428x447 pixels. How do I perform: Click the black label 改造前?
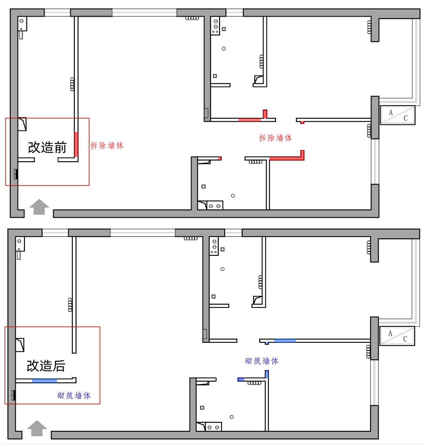click(x=47, y=147)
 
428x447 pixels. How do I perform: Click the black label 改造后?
click(x=46, y=366)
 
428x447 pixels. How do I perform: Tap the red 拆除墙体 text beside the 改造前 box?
click(x=107, y=146)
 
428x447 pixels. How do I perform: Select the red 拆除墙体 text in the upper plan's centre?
click(x=275, y=138)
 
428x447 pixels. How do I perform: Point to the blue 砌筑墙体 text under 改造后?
click(x=74, y=395)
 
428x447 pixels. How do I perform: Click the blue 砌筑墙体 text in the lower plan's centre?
click(x=262, y=361)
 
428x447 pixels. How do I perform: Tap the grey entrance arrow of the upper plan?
click(x=39, y=207)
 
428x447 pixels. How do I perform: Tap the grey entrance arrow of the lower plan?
click(x=37, y=428)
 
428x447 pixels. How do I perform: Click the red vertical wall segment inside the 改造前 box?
click(x=76, y=144)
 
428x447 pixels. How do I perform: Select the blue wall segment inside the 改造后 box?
click(x=44, y=381)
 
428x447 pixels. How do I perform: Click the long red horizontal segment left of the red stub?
click(x=249, y=120)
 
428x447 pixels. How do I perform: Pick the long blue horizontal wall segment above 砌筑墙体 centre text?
click(x=285, y=340)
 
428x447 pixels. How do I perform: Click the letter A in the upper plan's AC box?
click(x=391, y=113)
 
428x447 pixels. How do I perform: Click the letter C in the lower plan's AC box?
click(x=405, y=339)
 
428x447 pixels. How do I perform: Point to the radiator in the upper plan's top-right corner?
click(x=369, y=27)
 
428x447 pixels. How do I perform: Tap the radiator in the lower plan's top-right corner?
click(x=368, y=247)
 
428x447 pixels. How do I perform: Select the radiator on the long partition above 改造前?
click(x=72, y=84)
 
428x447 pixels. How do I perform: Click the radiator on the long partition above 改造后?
click(x=70, y=304)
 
